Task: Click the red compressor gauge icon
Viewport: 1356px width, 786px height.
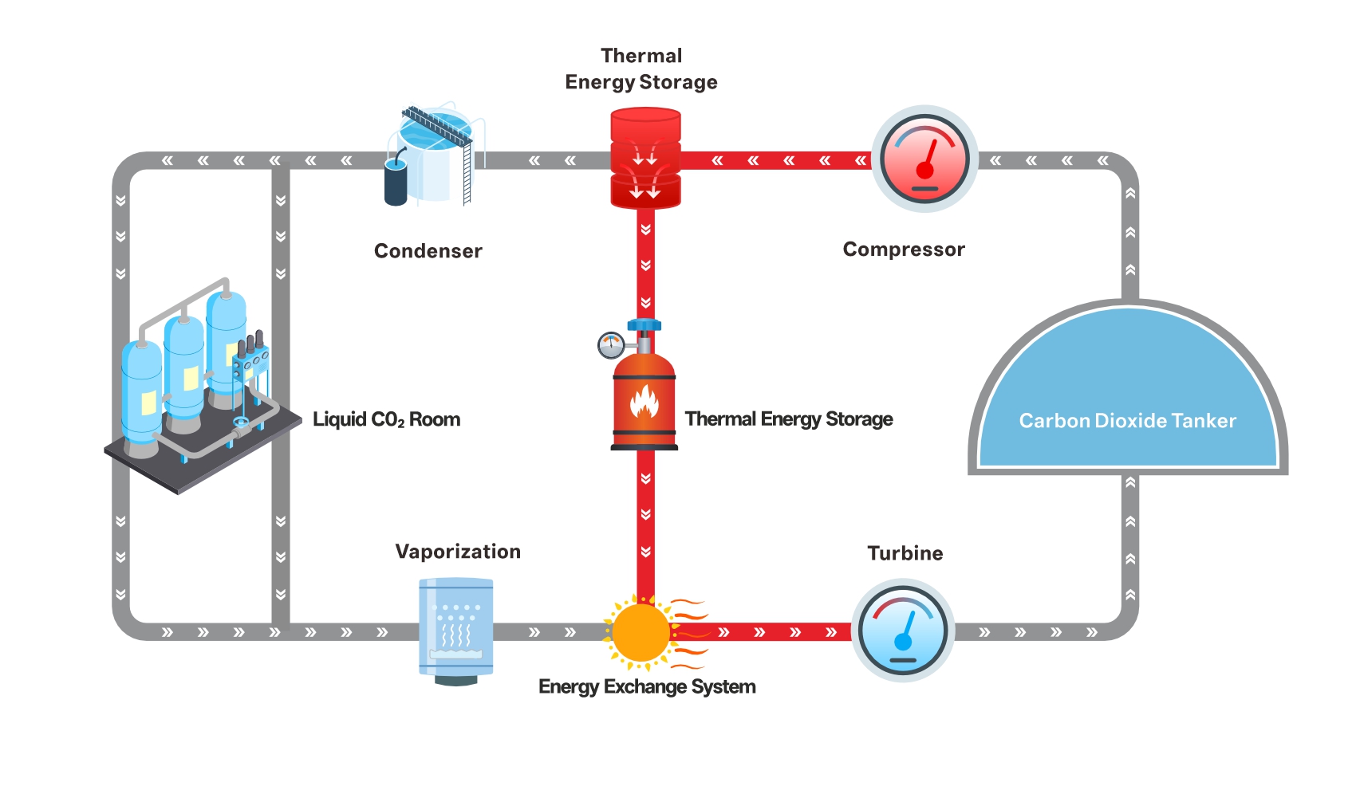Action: pos(924,159)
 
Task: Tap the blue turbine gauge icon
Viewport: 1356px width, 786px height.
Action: pos(903,632)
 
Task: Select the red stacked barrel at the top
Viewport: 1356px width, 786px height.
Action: pos(645,159)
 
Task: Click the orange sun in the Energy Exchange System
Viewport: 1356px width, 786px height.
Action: pos(641,632)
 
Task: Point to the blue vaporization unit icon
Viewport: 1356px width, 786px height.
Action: pos(456,628)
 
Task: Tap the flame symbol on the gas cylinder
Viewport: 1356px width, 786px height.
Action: pos(644,402)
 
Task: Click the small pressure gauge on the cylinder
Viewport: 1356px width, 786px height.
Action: pos(611,345)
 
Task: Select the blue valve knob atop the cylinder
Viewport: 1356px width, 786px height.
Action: pos(644,325)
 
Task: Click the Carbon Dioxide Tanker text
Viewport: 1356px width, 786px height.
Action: pos(1127,421)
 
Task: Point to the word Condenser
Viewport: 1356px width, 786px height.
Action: pos(428,251)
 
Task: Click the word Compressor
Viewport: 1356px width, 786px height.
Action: pos(904,250)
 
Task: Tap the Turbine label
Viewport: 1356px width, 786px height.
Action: pos(905,553)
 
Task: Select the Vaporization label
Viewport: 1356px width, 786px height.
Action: pos(458,552)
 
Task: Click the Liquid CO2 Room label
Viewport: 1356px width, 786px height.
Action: pos(386,419)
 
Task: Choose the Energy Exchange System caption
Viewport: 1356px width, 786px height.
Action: pos(647,686)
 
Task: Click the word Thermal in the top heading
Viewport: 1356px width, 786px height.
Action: pos(641,56)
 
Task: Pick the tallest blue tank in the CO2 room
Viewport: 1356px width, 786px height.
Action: pos(227,343)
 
